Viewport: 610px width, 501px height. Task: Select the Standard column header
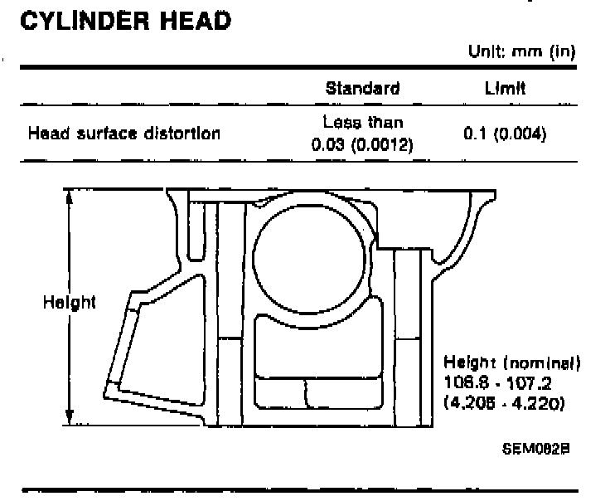click(x=362, y=89)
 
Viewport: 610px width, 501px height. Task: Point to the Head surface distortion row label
click(x=124, y=133)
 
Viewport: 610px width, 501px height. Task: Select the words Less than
click(x=362, y=123)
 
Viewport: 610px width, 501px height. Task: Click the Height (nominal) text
click(x=512, y=363)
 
